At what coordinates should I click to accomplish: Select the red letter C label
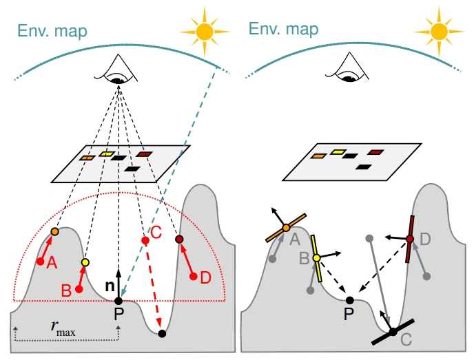[156, 233]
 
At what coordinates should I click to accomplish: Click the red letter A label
[51, 264]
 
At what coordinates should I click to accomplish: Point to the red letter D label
[205, 278]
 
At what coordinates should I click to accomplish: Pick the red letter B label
[67, 290]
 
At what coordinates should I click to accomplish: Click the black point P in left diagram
[118, 301]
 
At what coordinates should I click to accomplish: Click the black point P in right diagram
[350, 300]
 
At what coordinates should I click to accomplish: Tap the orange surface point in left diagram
[55, 232]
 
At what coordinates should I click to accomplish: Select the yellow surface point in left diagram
[85, 262]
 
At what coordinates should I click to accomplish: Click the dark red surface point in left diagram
[179, 239]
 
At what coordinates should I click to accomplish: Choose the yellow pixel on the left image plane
[106, 153]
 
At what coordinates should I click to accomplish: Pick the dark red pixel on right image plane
[375, 152]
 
